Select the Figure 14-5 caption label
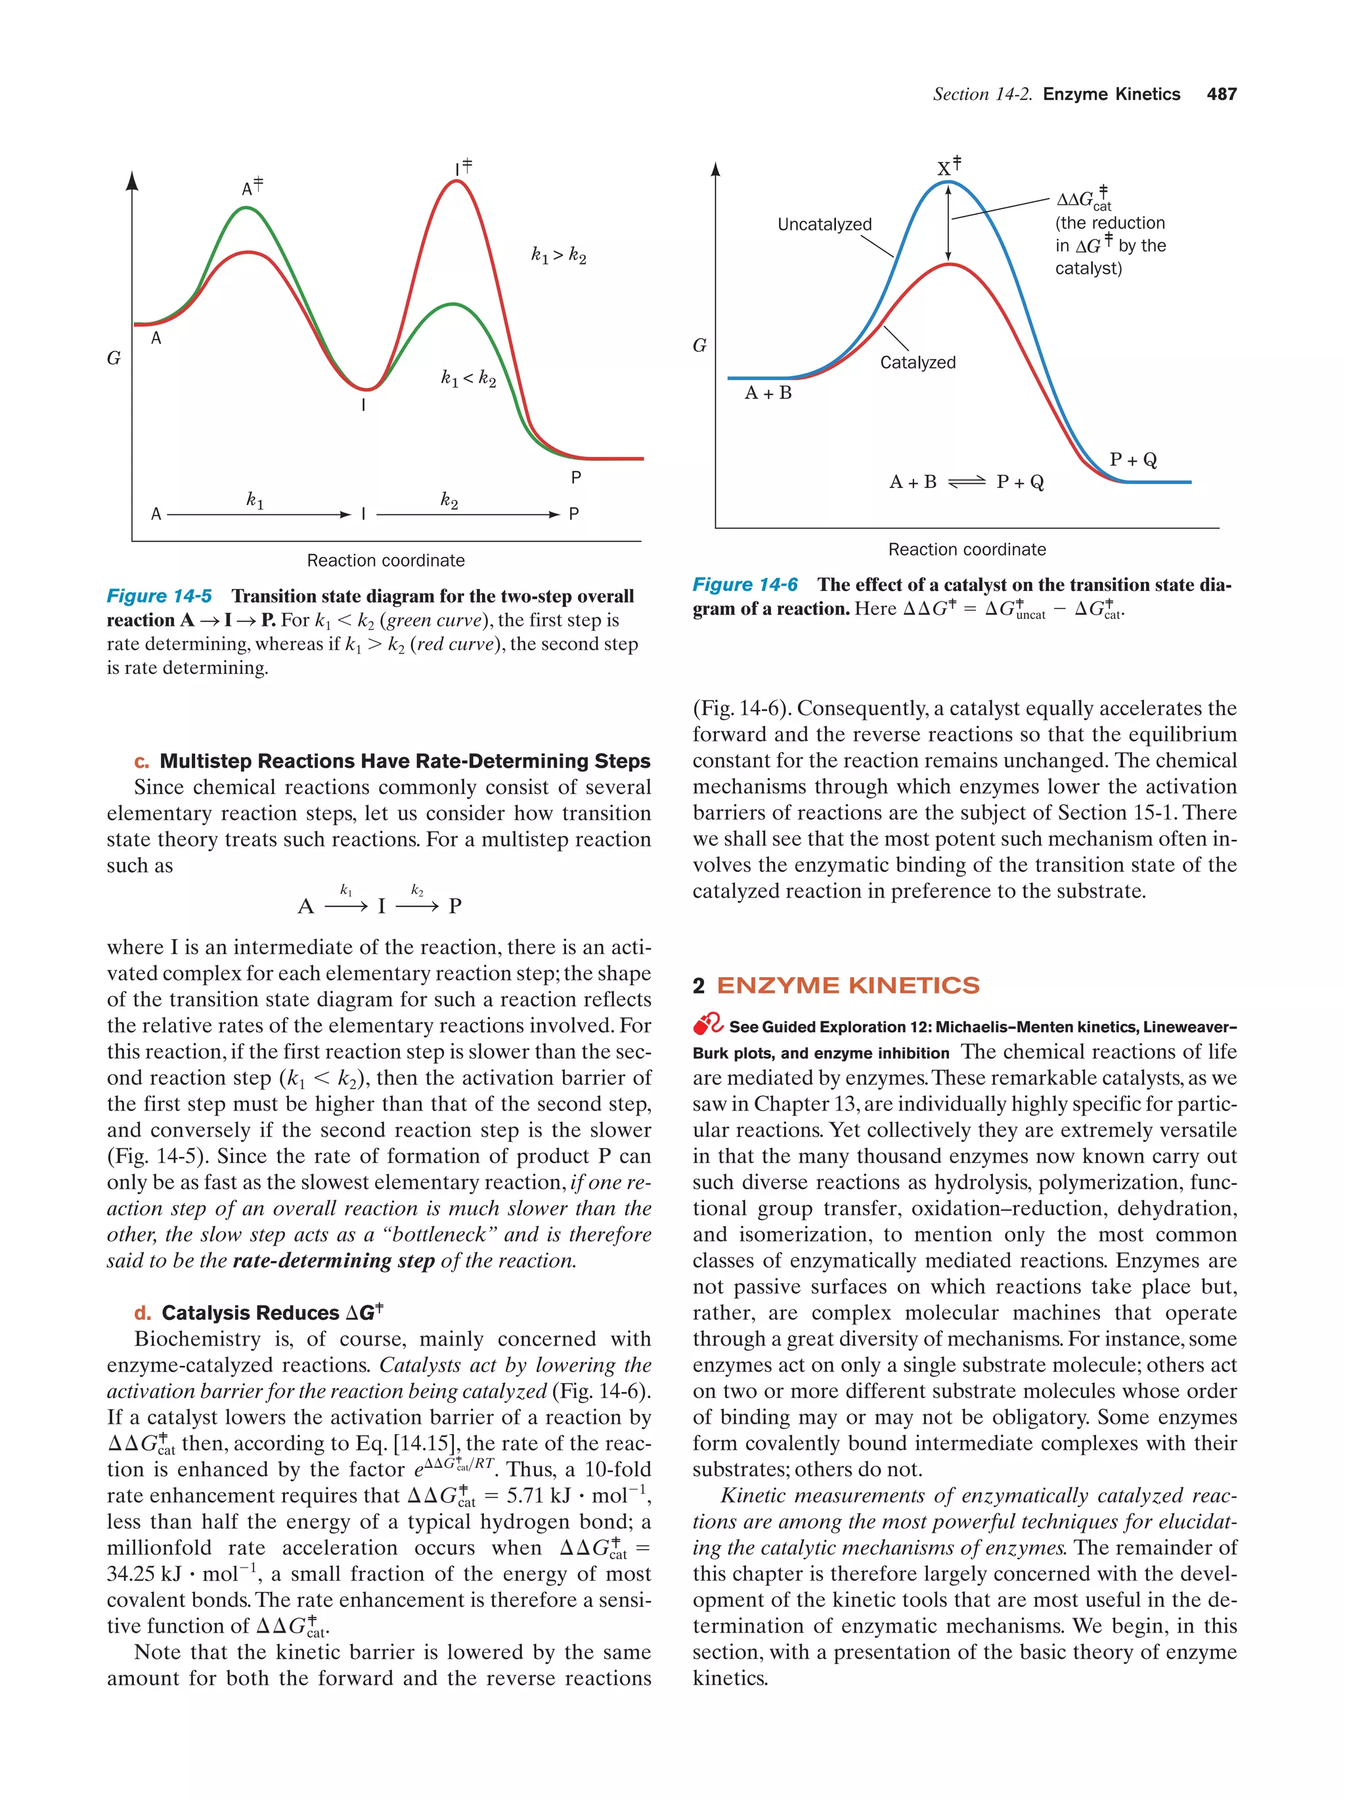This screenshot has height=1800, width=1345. tap(159, 596)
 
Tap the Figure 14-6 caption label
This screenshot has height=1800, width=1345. tap(745, 584)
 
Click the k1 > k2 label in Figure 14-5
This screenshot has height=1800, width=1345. tap(558, 255)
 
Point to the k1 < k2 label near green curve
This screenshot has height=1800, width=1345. tap(468, 378)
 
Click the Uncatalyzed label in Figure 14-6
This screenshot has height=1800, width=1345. tap(824, 225)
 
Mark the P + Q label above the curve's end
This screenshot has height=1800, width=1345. tap(1133, 460)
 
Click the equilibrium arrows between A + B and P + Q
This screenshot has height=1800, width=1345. tap(967, 482)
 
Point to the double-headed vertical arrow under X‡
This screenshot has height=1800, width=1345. tap(948, 221)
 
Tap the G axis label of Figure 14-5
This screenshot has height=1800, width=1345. tap(114, 358)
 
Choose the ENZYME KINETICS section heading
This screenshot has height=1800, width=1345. tap(847, 986)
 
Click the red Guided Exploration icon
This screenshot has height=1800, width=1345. tap(708, 1024)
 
